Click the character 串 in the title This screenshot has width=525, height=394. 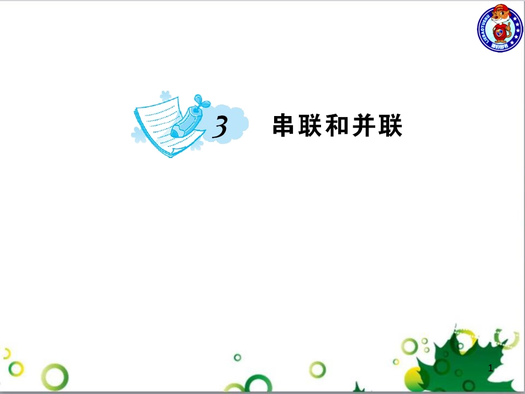pyautogui.click(x=285, y=126)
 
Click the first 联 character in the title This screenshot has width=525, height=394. pyautogui.click(x=311, y=126)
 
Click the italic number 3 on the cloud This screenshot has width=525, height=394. pyautogui.click(x=221, y=128)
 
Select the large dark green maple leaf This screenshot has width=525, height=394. pyautogui.click(x=470, y=359)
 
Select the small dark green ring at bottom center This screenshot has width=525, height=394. pyautogui.click(x=238, y=357)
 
